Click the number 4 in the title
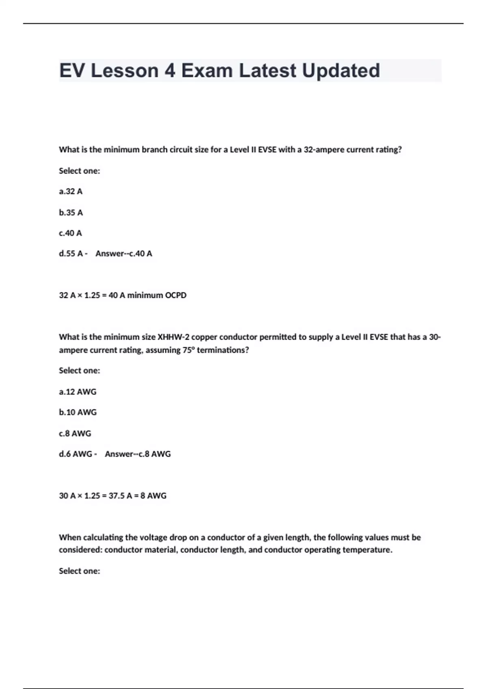pyautogui.click(x=170, y=71)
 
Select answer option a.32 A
pyautogui.click(x=71, y=191)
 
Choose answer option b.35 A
pyautogui.click(x=71, y=212)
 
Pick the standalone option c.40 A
pyautogui.click(x=70, y=233)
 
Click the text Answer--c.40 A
pyautogui.click(x=124, y=254)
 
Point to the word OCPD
pyautogui.click(x=176, y=295)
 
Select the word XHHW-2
pyautogui.click(x=173, y=337)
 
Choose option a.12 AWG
pyautogui.click(x=78, y=392)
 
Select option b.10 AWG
pyautogui.click(x=78, y=412)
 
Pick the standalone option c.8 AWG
pyautogui.click(x=75, y=434)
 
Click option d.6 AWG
pyautogui.click(x=75, y=454)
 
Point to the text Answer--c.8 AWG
pyautogui.click(x=138, y=454)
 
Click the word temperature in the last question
pyautogui.click(x=367, y=550)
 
